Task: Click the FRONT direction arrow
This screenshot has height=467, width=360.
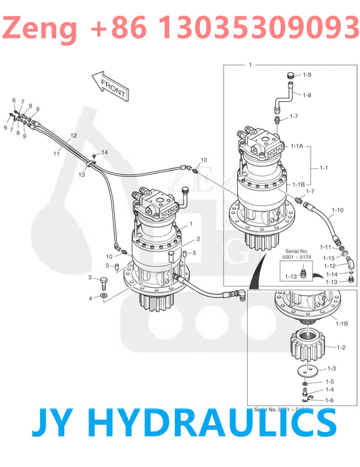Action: [109, 84]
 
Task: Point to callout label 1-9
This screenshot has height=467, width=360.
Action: [307, 75]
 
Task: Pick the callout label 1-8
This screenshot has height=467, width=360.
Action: [307, 95]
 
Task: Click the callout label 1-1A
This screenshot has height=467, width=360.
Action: [297, 146]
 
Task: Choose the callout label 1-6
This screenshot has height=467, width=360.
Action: [330, 400]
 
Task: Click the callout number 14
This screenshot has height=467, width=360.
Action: [104, 152]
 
